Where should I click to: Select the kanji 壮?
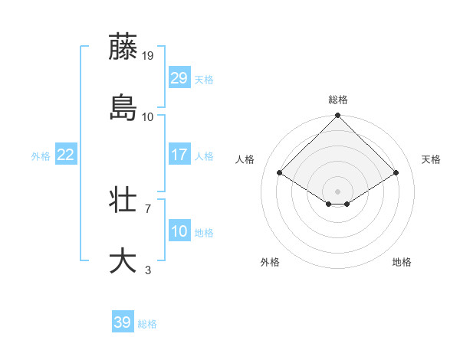pos(123,200)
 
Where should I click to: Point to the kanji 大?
pos(123,260)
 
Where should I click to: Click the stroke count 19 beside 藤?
pos(148,55)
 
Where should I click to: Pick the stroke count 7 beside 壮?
pos(147,208)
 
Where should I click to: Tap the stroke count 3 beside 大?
pos(147,270)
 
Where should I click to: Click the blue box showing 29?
pos(179,78)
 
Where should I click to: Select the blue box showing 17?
pos(179,155)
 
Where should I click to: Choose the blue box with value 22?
pos(65,155)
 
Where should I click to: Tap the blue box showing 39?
pos(123,323)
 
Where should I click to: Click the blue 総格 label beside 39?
pos(147,324)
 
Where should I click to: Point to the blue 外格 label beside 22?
pos(41,155)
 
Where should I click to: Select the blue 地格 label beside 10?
pos(204,232)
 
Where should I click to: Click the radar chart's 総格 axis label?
pos(338,100)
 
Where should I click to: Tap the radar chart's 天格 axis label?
pos(432,159)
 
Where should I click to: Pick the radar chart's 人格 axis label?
pos(245,159)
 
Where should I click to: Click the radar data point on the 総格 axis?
pos(338,116)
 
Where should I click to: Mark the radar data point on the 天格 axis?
pos(396,173)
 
